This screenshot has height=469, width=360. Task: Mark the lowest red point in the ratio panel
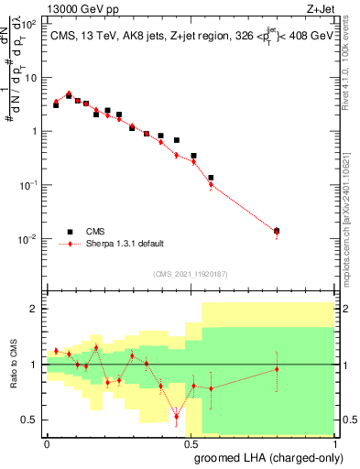pyautogui.click(x=177, y=417)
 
